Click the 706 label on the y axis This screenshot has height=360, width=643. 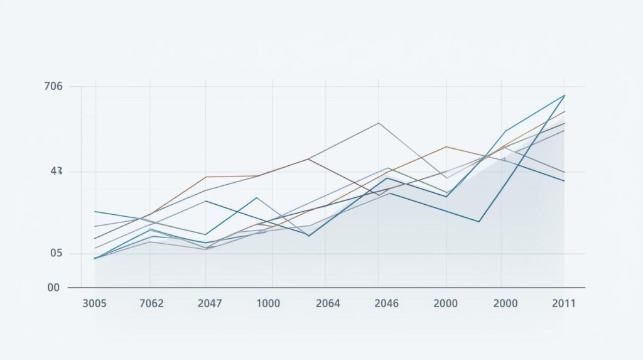(54, 87)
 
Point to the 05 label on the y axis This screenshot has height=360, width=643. (56, 253)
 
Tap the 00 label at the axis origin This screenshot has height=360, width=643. (53, 288)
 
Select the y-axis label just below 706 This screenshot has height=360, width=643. (56, 171)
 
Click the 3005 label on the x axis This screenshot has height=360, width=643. (94, 303)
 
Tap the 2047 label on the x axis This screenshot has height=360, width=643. (209, 303)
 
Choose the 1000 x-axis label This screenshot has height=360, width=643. (268, 303)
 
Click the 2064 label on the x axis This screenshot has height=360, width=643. (327, 303)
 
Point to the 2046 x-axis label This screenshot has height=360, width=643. (386, 303)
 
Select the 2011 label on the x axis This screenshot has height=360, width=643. (564, 303)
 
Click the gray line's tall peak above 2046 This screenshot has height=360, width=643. (379, 123)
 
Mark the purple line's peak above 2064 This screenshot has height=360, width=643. (308, 159)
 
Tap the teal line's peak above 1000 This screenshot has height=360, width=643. (257, 197)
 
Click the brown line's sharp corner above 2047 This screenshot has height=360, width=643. (205, 177)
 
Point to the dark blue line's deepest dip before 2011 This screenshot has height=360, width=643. (479, 221)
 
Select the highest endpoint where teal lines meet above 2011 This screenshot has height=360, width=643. (565, 95)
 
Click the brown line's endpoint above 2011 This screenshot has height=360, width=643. (565, 112)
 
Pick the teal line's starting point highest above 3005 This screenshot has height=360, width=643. (95, 212)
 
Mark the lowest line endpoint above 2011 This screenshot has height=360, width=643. (565, 181)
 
